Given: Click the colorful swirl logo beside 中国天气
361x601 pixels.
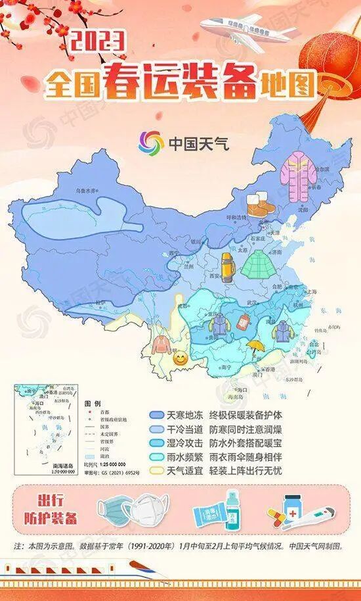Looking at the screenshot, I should [x=152, y=142].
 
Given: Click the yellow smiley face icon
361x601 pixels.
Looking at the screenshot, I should [x=179, y=359].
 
